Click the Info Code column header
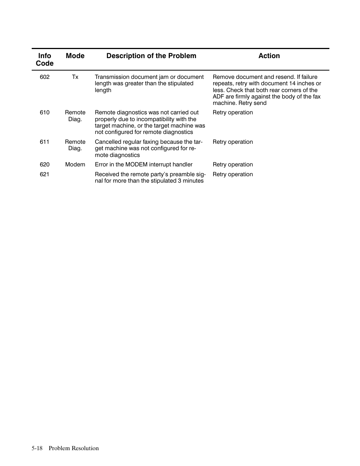point(45,60)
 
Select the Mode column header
point(75,56)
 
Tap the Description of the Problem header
point(151,56)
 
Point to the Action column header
point(269,56)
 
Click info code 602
point(45,77)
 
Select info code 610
point(45,112)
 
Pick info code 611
point(45,142)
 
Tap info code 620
point(45,165)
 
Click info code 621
point(45,174)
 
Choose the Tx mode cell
point(75,77)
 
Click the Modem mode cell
point(75,165)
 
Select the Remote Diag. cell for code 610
point(75,116)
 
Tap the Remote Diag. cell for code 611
point(75,145)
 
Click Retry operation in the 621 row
point(233,174)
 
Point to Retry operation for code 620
point(233,165)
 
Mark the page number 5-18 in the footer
point(37,448)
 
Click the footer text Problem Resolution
point(74,448)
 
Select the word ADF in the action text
point(218,97)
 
